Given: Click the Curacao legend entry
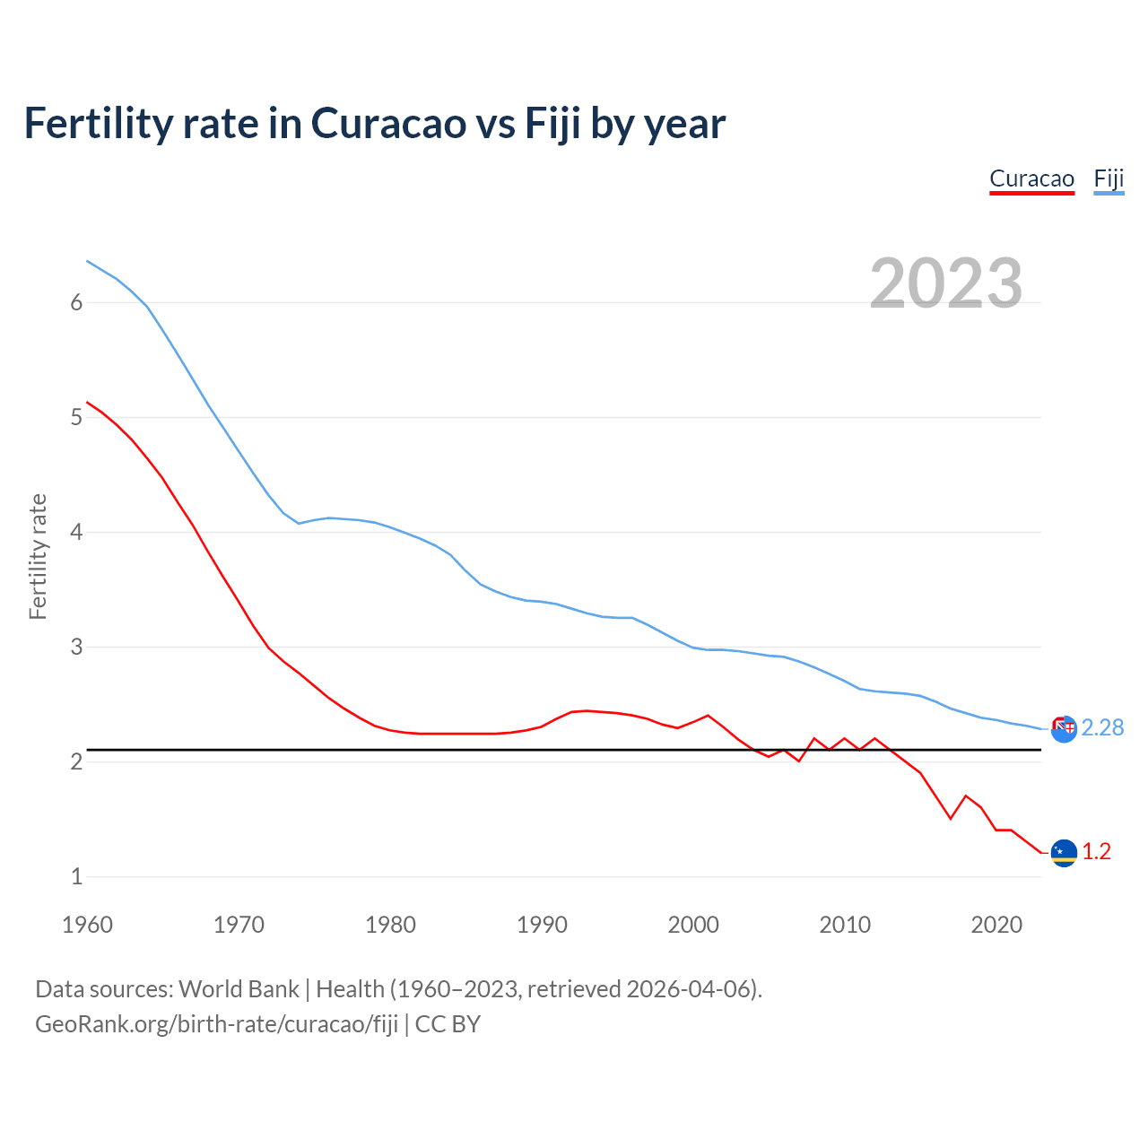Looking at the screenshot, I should click(x=1031, y=178).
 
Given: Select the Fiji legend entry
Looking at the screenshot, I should click(x=1109, y=178).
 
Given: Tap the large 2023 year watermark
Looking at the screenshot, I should click(x=946, y=283).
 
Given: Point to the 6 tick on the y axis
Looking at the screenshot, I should click(x=76, y=302).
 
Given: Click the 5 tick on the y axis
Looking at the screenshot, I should click(x=76, y=417).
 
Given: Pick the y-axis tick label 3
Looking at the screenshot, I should click(x=76, y=647).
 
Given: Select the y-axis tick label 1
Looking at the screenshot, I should click(x=76, y=876).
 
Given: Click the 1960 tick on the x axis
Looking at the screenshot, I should click(x=87, y=925).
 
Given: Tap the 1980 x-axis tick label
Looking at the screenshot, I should click(x=390, y=925).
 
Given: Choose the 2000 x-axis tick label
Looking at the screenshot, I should click(x=693, y=925).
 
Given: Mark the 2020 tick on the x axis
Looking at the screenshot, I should click(x=996, y=925).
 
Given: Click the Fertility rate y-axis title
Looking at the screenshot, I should click(x=38, y=556).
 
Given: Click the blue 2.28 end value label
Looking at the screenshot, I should click(x=1102, y=727).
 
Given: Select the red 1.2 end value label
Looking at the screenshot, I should click(x=1096, y=851).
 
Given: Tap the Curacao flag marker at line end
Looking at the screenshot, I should click(x=1064, y=852).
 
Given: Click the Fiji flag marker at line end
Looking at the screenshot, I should click(x=1064, y=729).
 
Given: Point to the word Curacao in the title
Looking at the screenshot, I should click(x=388, y=123).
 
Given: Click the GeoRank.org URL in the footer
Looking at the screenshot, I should click(x=216, y=1023).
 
